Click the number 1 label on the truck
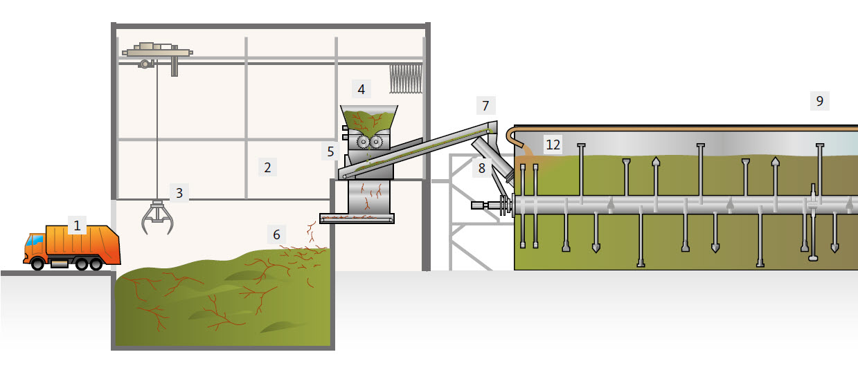[77, 225]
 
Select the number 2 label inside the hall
[267, 167]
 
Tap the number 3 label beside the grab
[179, 193]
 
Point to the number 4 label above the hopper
[361, 89]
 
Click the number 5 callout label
[331, 150]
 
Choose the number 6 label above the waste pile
[276, 234]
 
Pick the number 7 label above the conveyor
[485, 106]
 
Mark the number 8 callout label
[482, 167]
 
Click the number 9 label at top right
[820, 101]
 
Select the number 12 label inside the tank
[553, 145]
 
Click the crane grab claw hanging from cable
[158, 216]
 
